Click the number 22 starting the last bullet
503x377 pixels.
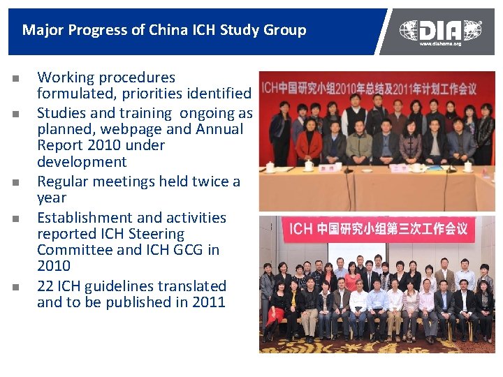45,286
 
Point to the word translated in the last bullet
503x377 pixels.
191,286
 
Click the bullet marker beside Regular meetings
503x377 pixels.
14,183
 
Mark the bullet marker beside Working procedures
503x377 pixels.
14,78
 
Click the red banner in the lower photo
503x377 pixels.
378,229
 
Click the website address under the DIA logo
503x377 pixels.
440,44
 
